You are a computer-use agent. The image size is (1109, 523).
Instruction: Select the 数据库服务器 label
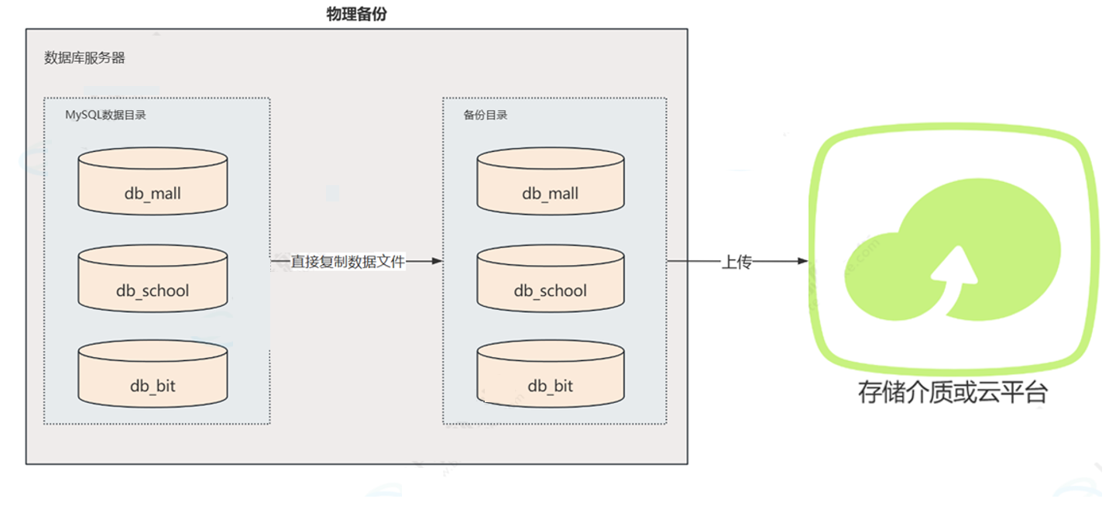[x=84, y=58]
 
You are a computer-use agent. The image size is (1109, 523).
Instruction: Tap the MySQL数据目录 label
[x=105, y=115]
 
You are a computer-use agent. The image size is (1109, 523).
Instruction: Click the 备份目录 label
[x=486, y=115]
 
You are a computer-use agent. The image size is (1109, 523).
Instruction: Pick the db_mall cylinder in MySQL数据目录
[x=153, y=182]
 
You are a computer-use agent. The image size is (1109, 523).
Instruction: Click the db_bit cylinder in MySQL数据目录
[x=153, y=374]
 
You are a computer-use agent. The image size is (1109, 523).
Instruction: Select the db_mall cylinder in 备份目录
[x=551, y=182]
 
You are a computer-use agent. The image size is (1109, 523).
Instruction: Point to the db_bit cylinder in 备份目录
[x=551, y=374]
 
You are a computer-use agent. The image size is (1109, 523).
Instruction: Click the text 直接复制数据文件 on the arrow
[x=348, y=262]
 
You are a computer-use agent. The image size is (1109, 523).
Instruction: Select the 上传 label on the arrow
[x=736, y=262]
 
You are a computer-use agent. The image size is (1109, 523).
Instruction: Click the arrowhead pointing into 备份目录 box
[x=437, y=262]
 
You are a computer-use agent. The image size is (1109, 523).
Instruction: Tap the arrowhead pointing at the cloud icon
[x=803, y=262]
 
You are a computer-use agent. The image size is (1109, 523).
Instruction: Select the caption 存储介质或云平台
[x=952, y=392]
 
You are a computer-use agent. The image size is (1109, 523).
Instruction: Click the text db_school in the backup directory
[x=551, y=291]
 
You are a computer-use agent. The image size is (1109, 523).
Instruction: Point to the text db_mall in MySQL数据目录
[x=153, y=194]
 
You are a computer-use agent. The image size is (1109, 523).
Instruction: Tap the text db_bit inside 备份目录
[x=551, y=386]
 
